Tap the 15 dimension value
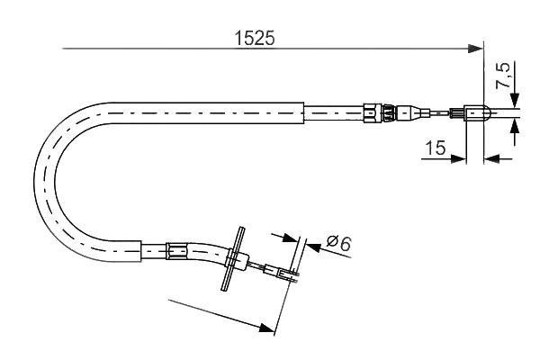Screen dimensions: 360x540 (x=436, y=148)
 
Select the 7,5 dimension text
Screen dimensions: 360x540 (x=507, y=78)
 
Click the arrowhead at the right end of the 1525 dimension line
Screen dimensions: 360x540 (x=478, y=49)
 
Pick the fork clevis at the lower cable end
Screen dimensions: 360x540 (x=286, y=274)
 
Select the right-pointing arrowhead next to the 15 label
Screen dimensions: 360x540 (x=462, y=159)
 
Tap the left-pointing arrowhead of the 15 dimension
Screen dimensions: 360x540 (x=490, y=159)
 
